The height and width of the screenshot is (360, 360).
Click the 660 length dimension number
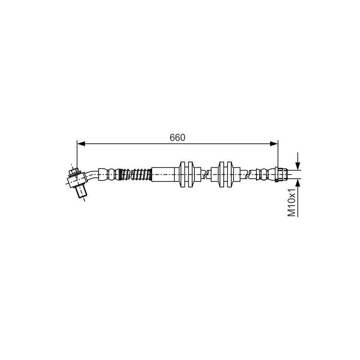coord(177,138)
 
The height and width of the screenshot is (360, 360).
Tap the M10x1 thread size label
coord(292,202)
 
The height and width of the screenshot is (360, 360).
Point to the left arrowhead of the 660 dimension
coord(81,144)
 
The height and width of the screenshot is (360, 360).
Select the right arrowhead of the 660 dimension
coord(274,144)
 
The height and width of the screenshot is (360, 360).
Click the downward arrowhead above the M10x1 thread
coord(298,166)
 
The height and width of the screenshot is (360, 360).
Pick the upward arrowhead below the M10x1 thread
coord(298,183)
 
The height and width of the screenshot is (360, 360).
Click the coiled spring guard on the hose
coord(135,175)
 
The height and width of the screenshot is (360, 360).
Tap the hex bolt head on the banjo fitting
coord(74,172)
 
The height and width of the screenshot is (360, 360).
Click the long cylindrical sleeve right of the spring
coord(163,175)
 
